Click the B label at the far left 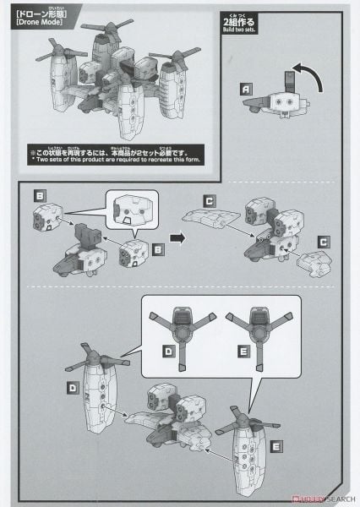point(40,195)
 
